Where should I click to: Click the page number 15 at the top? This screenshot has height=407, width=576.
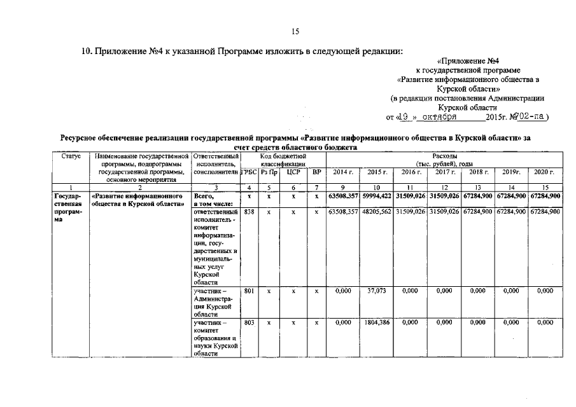295,32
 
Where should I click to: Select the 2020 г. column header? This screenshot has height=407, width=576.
544,172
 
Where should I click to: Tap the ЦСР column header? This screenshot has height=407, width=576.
293,172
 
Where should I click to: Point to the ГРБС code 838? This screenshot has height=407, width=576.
249,212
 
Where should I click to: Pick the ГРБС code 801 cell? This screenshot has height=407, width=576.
249,291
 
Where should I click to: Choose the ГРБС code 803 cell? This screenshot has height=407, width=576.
249,323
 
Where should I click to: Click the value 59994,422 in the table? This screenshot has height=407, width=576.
377,197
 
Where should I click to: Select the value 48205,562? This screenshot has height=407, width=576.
377,212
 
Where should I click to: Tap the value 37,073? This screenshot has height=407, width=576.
377,291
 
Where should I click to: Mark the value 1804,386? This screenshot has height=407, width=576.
377,323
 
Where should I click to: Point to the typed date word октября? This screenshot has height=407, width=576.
439,118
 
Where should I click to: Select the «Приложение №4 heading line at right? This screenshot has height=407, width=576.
470,61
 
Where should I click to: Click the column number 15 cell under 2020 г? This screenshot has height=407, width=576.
544,187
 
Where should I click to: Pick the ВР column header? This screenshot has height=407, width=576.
316,172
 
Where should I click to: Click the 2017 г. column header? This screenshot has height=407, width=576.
444,172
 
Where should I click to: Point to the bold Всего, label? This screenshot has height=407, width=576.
205,197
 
